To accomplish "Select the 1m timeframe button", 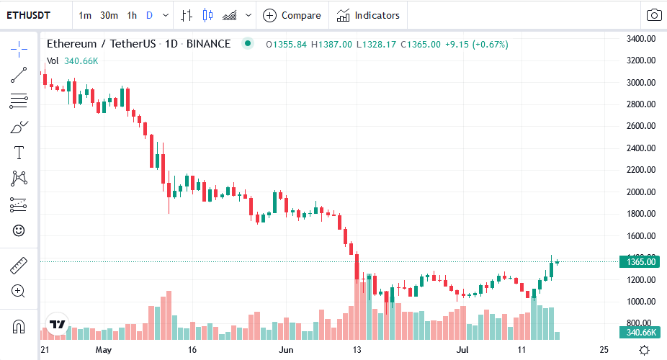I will [x=85, y=15].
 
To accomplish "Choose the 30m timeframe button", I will [x=109, y=15].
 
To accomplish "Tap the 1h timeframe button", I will [x=131, y=15].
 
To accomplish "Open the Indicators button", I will [x=368, y=15].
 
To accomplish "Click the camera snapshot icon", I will [x=654, y=15].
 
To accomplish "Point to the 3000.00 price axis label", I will [x=640, y=83].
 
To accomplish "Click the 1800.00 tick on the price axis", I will [x=640, y=214].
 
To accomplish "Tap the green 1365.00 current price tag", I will [x=640, y=262].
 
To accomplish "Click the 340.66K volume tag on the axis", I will [x=640, y=332].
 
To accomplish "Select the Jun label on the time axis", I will [x=287, y=350].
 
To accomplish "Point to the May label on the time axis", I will [x=104, y=350].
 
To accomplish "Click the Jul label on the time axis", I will [x=462, y=350].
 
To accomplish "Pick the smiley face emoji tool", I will [x=19, y=230].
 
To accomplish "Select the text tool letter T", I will [x=19, y=153].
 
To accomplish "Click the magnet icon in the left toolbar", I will [x=19, y=327].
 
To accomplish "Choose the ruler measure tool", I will [x=19, y=266].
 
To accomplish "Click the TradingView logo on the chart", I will [x=57, y=324].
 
